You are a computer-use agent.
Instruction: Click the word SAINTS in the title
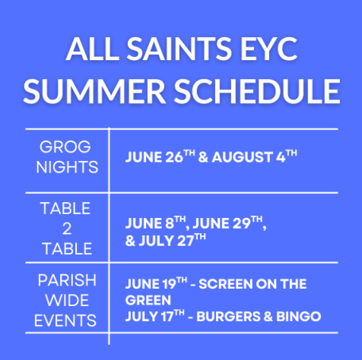click(179, 49)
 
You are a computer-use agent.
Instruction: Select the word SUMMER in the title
click(94, 91)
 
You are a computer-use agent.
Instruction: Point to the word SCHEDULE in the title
click(257, 91)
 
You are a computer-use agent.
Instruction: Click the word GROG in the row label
click(65, 147)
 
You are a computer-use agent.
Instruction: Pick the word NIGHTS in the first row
click(67, 167)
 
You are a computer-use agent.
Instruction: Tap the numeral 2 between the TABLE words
click(67, 229)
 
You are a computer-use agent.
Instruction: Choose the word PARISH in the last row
click(67, 280)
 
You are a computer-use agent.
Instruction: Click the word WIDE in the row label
click(67, 301)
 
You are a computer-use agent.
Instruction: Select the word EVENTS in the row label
click(65, 321)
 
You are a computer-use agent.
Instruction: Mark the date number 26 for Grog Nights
click(174, 157)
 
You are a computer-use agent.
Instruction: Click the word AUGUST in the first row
click(242, 157)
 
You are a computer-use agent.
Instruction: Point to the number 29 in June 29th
click(242, 224)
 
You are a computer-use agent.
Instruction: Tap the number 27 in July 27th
click(186, 241)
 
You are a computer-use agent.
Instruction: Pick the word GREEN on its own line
click(148, 301)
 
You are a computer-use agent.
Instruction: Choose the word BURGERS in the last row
click(228, 317)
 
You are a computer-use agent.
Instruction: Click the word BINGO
click(298, 317)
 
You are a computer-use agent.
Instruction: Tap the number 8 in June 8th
click(170, 224)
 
